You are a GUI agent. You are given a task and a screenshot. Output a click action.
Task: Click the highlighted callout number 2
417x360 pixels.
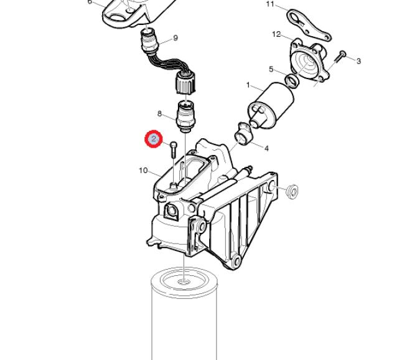[x=154, y=139]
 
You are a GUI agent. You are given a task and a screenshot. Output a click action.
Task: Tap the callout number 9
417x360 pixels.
[x=176, y=38]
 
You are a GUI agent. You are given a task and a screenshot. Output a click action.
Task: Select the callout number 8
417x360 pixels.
[x=159, y=114]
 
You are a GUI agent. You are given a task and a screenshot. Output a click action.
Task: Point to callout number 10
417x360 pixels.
[x=143, y=170]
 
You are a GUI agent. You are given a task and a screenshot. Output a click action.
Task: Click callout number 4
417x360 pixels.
[x=266, y=148]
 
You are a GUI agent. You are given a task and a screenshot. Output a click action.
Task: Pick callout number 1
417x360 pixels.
[x=248, y=85]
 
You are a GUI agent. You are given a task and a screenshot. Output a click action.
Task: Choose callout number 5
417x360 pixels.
[x=271, y=69]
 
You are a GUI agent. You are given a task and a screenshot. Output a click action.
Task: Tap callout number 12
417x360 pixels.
[x=276, y=34]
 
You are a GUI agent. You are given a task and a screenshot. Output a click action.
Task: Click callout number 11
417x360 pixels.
[x=270, y=4]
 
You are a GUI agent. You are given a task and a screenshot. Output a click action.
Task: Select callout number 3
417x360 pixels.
[x=358, y=61]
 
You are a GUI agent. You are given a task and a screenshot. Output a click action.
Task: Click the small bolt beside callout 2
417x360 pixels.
[x=173, y=149]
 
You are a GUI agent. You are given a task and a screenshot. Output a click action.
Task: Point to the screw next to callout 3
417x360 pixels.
[x=339, y=57]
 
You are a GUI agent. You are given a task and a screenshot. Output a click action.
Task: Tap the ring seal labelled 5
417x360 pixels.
[x=292, y=80]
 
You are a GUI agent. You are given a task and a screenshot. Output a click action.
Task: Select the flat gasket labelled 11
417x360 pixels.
[x=309, y=25]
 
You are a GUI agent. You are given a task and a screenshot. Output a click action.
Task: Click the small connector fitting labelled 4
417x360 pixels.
[x=243, y=135]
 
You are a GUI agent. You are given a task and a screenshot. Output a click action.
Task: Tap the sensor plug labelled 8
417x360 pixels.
[x=185, y=116]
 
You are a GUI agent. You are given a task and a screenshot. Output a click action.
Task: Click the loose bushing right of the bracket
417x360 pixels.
[x=292, y=191]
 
